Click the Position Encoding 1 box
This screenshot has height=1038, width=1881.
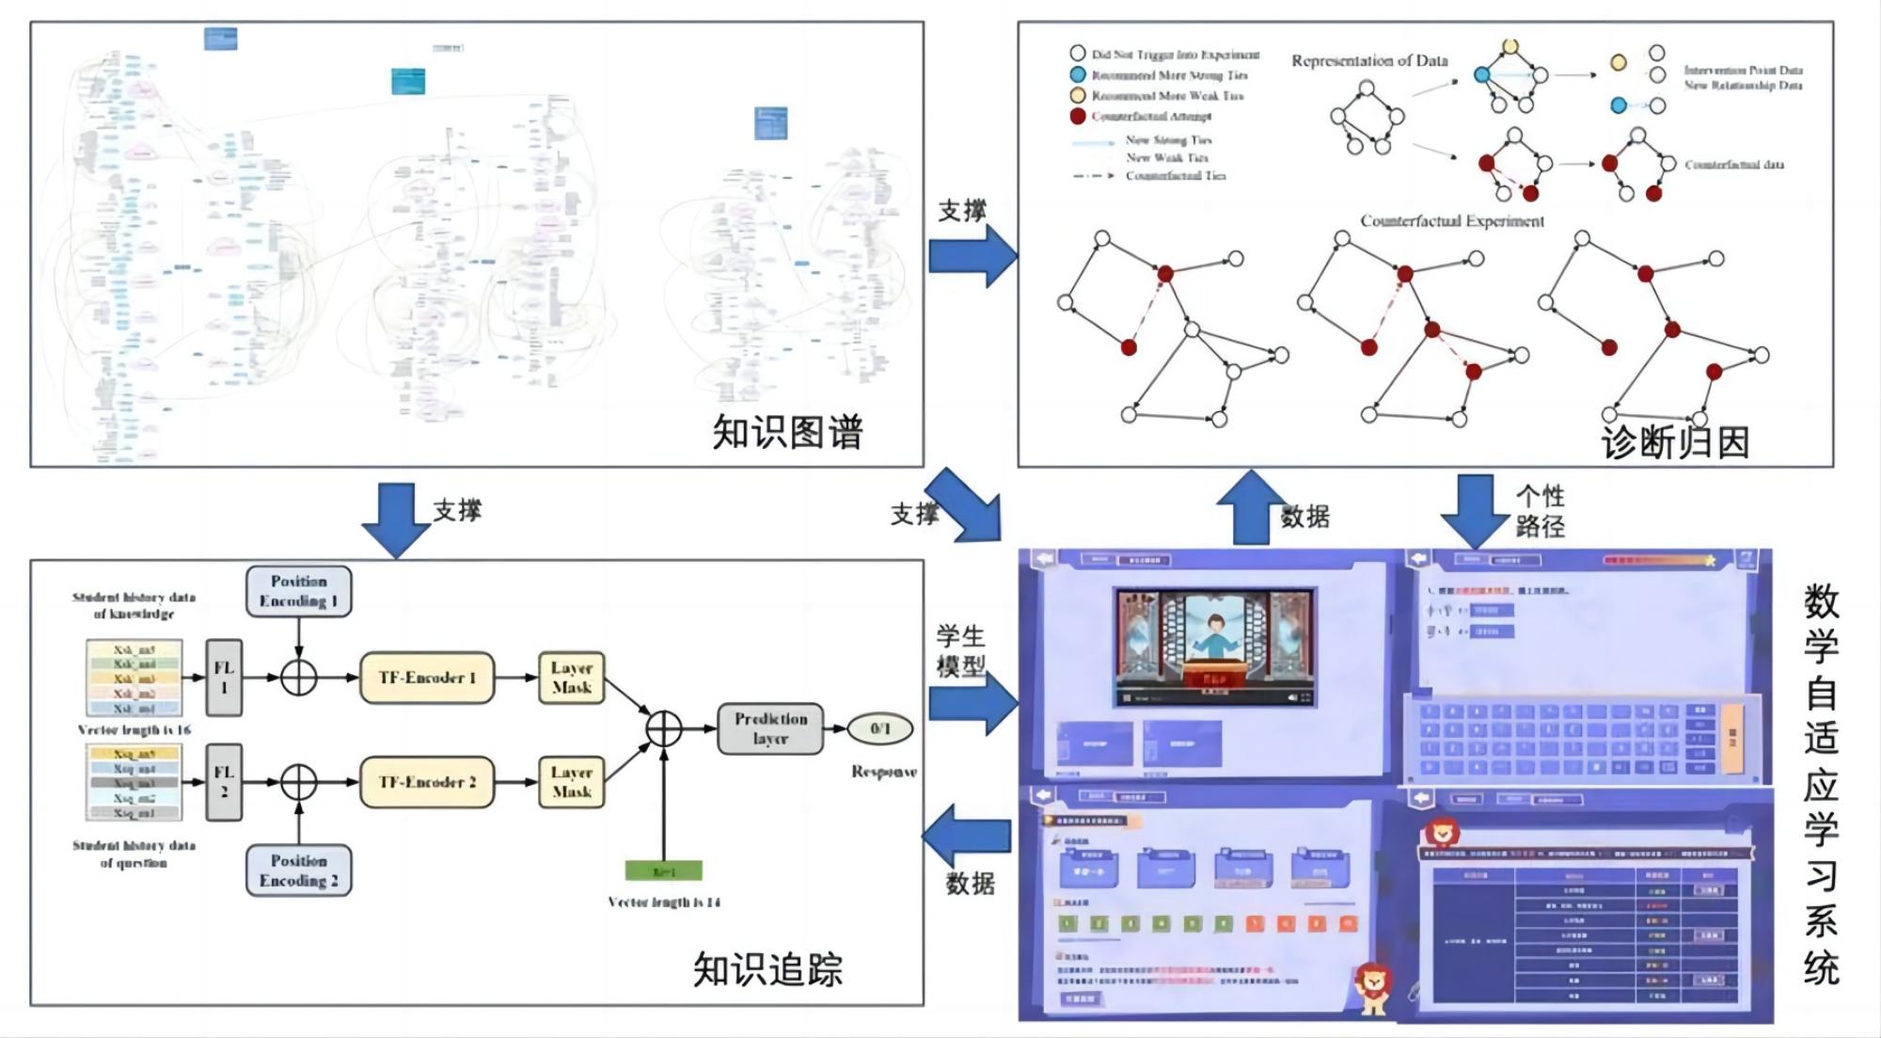coord(298,591)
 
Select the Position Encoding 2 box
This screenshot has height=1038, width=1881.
coord(298,870)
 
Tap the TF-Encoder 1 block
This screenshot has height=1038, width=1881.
coord(427,678)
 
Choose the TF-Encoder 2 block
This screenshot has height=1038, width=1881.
coord(427,782)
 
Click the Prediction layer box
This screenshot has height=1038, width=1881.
coord(770,728)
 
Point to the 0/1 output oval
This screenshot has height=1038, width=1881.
coord(880,728)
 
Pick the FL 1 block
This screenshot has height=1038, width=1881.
coord(224,678)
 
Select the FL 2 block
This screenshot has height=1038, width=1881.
coord(224,782)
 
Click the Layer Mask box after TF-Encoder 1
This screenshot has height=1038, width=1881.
coord(572,678)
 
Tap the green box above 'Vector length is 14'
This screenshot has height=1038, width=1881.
coord(663,871)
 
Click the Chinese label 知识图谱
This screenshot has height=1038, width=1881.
coord(787,432)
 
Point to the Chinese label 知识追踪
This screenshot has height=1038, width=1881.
coord(767,969)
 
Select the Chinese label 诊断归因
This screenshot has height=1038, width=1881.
coord(1675,442)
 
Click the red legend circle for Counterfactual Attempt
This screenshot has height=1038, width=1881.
coord(1078,117)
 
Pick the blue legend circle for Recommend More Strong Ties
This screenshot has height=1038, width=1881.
coord(1078,74)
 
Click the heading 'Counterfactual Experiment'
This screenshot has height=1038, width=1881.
coord(1452,221)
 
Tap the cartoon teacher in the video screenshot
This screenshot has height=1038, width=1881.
coord(1214,640)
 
